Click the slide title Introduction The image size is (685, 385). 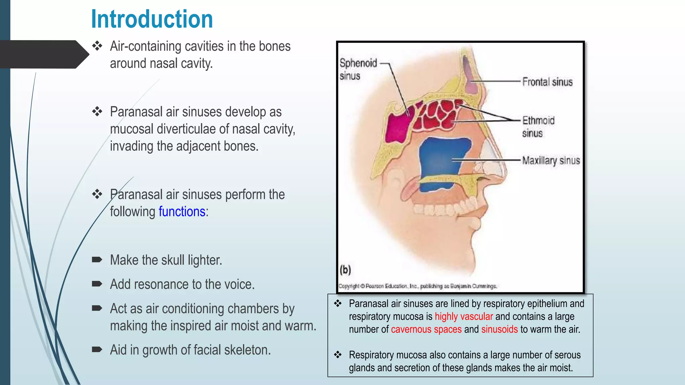point(152,19)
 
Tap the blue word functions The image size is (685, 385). point(182,212)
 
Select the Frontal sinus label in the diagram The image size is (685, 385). point(547,82)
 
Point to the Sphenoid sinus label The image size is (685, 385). point(358,69)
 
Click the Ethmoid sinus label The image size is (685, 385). point(538,127)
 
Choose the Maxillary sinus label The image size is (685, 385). point(551,161)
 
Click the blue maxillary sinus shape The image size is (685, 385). point(442,160)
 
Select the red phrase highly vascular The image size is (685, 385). point(464,316)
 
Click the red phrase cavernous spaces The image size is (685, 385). point(426,329)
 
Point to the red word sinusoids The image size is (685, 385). point(499,329)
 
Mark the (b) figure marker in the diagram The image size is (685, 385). point(345,269)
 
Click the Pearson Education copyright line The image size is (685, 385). point(417,286)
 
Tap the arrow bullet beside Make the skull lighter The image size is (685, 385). point(97,260)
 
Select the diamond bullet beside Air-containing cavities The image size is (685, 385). point(97,46)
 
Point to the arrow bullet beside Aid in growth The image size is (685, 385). point(97,350)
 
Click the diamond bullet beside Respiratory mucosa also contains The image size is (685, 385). point(338,355)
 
